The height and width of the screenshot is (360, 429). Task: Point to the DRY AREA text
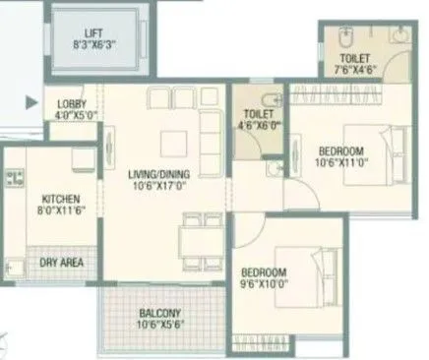60,263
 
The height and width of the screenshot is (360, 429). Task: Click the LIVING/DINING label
159,176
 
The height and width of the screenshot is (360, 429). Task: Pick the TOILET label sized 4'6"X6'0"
258,114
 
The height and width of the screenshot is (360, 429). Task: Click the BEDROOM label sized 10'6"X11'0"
341,150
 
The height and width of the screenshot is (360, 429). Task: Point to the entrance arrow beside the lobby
32,99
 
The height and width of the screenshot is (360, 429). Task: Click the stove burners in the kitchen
15,179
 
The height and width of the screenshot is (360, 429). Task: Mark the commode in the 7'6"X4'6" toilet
339,41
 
